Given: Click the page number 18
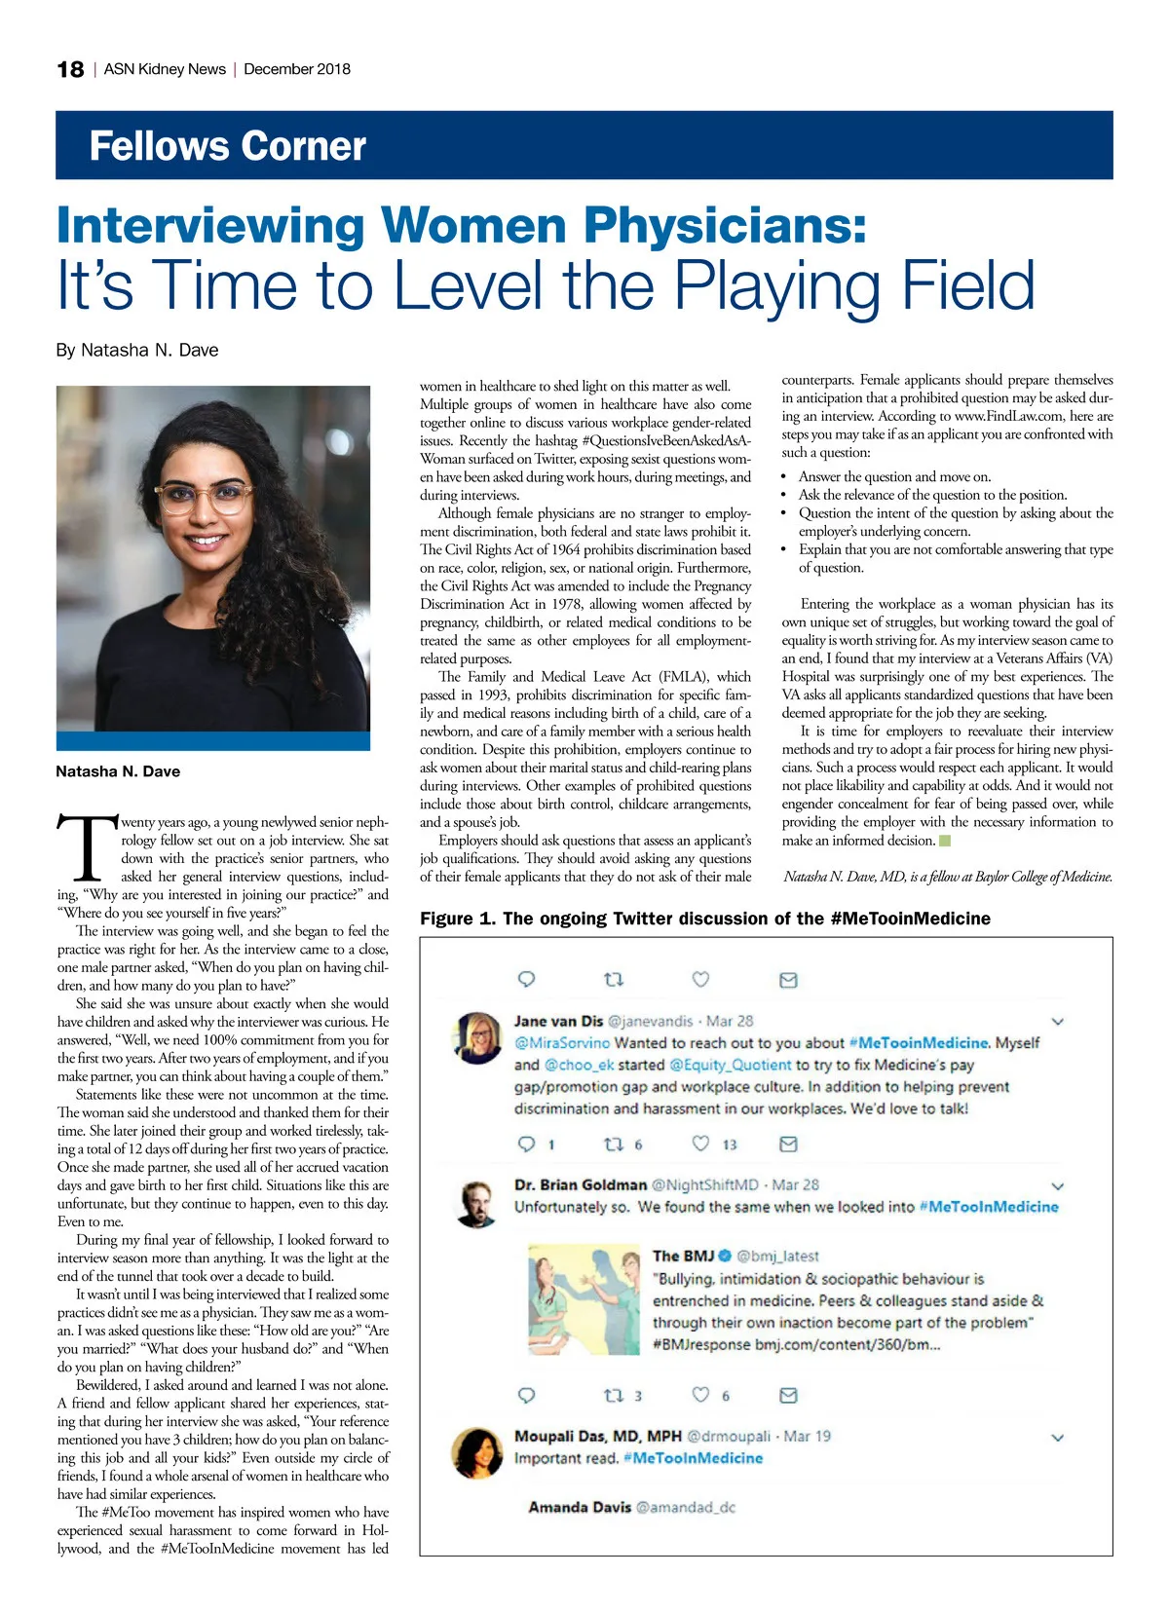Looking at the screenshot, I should tap(70, 69).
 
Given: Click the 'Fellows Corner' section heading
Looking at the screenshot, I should tap(227, 146).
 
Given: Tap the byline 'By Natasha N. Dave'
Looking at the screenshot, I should tap(137, 350).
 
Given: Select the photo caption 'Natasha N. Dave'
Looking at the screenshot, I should tap(118, 771).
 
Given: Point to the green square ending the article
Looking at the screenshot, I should tap(944, 840).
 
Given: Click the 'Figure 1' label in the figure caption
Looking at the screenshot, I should tap(457, 919).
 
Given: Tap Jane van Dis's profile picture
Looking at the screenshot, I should tap(477, 1036).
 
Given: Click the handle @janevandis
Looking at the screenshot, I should tap(650, 1021).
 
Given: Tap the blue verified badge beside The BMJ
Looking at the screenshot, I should tap(725, 1256).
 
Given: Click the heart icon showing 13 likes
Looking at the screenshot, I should tap(700, 1144).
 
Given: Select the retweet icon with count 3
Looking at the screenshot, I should tap(614, 1395).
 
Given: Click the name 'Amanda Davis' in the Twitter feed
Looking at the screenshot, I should tap(580, 1507).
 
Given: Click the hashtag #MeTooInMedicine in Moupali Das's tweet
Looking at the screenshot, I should tap(693, 1458).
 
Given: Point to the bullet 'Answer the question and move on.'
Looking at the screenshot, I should tap(894, 476).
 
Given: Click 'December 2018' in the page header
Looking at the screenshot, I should tap(297, 69).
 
